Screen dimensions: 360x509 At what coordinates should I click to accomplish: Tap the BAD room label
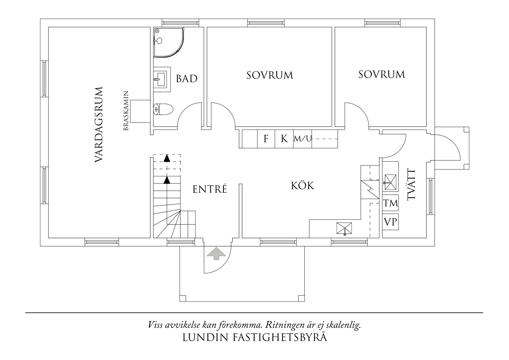187,79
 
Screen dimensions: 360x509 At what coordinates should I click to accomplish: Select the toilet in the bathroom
163,109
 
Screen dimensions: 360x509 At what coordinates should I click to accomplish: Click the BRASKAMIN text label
126,111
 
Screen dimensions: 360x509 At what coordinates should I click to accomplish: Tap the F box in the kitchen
266,139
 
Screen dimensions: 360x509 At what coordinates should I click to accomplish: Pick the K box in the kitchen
284,139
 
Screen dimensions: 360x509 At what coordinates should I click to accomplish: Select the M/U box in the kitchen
303,139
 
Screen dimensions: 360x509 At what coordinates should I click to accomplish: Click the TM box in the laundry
390,203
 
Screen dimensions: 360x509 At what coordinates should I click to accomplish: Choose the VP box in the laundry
390,222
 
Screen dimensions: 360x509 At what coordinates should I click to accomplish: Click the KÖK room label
303,186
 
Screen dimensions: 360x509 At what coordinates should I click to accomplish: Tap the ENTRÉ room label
210,189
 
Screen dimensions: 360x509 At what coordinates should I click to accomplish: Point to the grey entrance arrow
216,253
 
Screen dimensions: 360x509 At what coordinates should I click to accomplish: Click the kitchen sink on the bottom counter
344,228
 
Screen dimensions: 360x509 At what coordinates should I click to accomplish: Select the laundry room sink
390,179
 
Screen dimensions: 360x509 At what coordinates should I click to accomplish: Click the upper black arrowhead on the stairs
167,158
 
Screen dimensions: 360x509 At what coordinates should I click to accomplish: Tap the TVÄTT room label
411,185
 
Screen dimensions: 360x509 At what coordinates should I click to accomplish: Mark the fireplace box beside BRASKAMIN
140,111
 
